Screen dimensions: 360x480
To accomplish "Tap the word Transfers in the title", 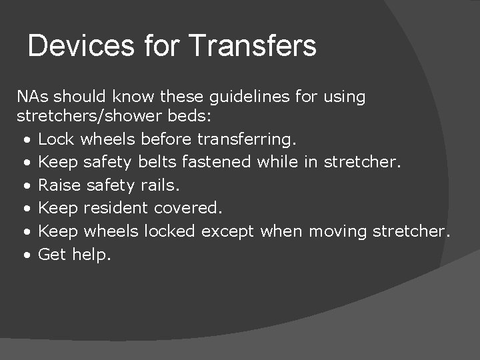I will (x=253, y=46).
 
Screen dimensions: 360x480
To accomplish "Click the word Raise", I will (x=57, y=185).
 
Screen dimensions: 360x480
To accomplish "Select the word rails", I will (x=160, y=185).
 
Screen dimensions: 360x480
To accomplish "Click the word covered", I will (x=188, y=208).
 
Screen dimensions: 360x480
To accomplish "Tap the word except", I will (x=228, y=232).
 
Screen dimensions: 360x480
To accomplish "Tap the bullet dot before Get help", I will (x=25, y=255).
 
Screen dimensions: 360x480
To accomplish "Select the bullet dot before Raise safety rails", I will (x=25, y=186).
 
